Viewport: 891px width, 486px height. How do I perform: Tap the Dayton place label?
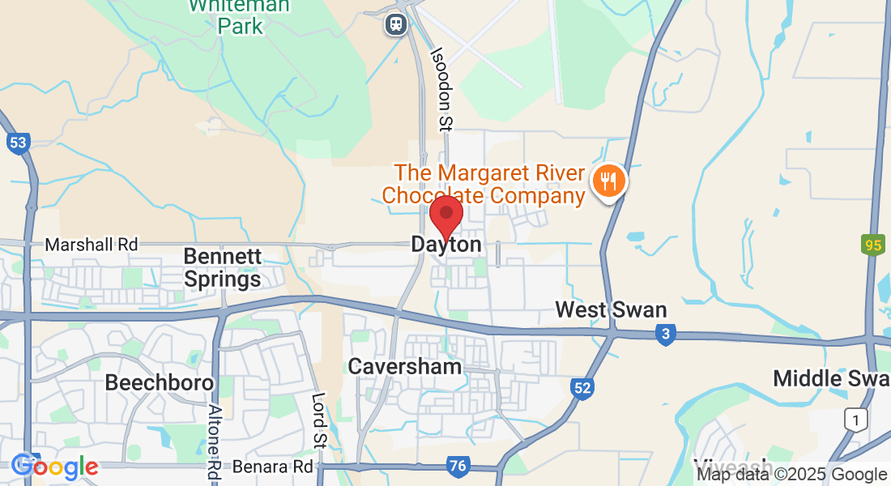click(446, 244)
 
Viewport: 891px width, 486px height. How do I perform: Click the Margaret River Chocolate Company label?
click(484, 185)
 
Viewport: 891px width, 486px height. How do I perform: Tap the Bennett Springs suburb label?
click(222, 268)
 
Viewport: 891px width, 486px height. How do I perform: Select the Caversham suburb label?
click(405, 366)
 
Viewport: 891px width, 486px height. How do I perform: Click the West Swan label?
click(611, 309)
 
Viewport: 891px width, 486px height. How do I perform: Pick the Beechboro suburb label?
click(160, 382)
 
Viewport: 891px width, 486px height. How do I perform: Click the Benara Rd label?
click(272, 467)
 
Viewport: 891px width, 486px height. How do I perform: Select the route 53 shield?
click(18, 143)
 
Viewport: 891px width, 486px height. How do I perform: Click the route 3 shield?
click(666, 334)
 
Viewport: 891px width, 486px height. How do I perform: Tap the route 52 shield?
click(581, 388)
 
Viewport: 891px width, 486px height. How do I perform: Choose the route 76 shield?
click(458, 466)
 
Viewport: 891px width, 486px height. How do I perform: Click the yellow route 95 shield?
click(872, 245)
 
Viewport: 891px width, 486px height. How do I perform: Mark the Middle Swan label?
click(831, 377)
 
